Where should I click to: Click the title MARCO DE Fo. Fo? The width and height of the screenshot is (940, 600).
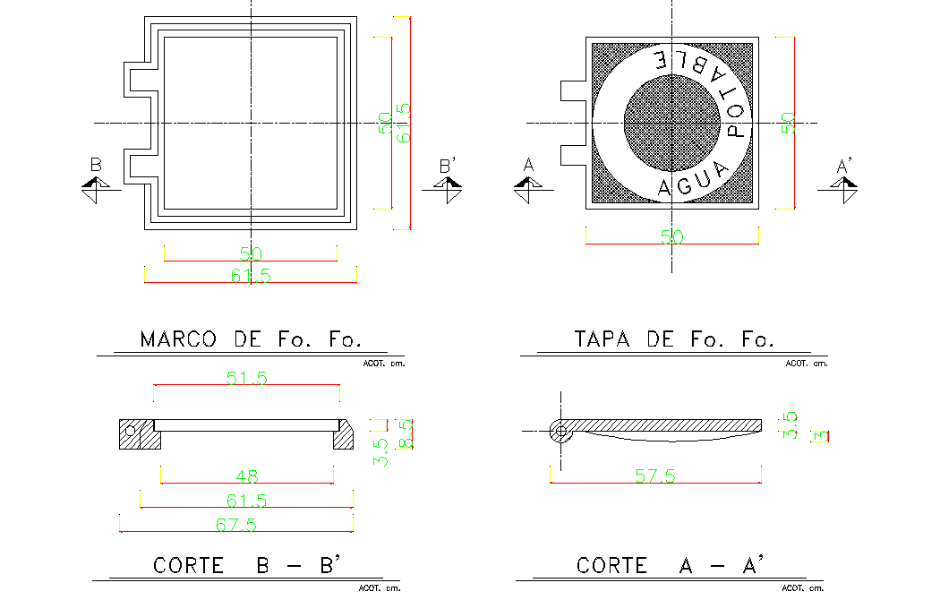coord(251,339)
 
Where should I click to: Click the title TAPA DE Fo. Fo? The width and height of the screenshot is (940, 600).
coord(673,339)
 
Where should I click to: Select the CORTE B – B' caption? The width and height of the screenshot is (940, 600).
coord(244,566)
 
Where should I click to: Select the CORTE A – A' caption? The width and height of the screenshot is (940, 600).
coord(670,566)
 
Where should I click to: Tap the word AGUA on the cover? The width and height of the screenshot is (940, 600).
coord(689,184)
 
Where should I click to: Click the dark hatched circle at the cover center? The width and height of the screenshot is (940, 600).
coord(671,123)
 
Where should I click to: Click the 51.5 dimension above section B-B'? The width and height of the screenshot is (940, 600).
coord(246,379)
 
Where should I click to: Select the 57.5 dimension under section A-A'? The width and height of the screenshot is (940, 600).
coord(654,477)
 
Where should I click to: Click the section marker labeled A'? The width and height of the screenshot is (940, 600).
coord(844,183)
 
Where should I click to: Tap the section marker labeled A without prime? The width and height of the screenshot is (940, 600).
coord(528,183)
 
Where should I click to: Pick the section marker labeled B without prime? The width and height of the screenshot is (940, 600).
coord(96,183)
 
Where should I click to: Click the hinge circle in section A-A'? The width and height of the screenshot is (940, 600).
coord(561,432)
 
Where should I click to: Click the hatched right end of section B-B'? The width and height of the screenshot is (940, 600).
coord(345,438)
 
